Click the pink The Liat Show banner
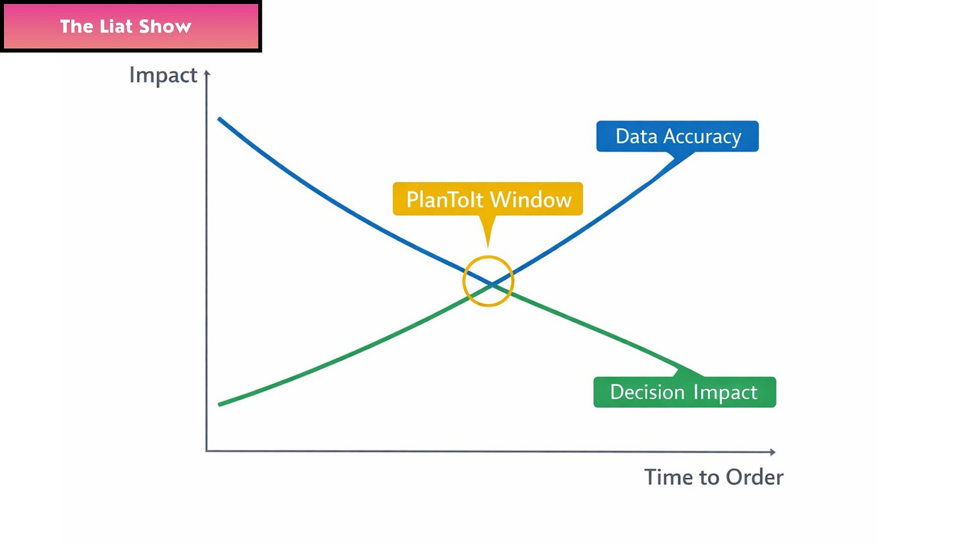point(130,27)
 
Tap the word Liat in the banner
point(126,27)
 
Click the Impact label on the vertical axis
point(163,75)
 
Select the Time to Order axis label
point(713,477)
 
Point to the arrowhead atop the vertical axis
point(207,73)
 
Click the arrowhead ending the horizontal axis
point(773,452)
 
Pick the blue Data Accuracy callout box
point(677,136)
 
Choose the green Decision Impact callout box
point(683,392)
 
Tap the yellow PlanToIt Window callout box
point(488,199)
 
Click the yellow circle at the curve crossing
point(489,281)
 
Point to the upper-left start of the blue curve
point(220,119)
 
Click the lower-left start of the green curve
point(220,404)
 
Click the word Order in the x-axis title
point(755,477)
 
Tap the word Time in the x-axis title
point(667,477)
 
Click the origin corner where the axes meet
point(207,451)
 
